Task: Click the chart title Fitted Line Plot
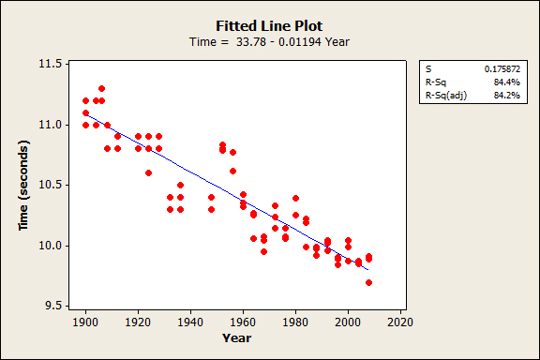[x=269, y=26]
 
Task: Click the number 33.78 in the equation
[x=251, y=42]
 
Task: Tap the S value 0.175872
[x=502, y=68]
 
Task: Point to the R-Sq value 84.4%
[x=506, y=82]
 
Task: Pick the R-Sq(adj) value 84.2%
[x=506, y=95]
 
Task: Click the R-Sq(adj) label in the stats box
[x=446, y=95]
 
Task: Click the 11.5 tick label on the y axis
[x=50, y=64]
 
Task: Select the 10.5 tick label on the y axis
[x=50, y=185]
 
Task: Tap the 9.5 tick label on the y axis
[x=53, y=306]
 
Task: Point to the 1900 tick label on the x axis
[x=85, y=322]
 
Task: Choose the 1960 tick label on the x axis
[x=243, y=322]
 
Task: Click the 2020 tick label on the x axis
[x=400, y=322]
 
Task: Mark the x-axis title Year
[x=236, y=337]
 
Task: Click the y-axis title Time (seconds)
[x=23, y=185]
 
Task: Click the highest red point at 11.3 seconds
[x=101, y=88]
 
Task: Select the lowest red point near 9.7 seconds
[x=368, y=282]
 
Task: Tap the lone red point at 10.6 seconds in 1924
[x=148, y=172]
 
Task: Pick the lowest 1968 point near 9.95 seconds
[x=263, y=252]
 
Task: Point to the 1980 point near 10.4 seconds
[x=295, y=198]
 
